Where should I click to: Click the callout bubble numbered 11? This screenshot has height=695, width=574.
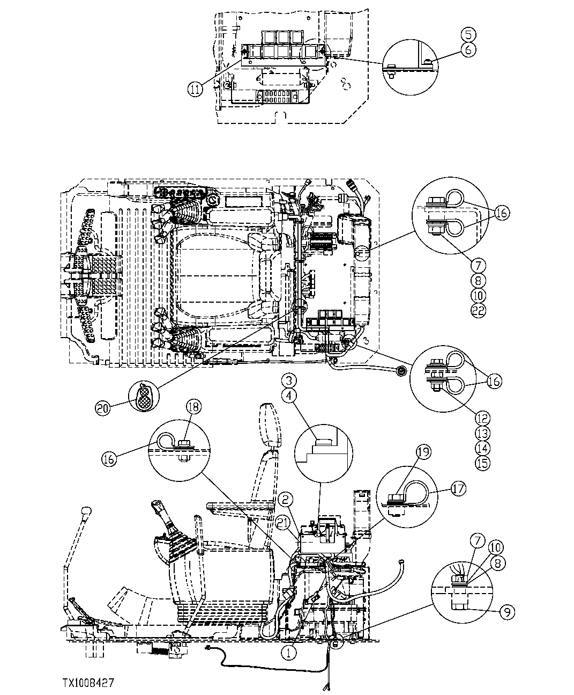click(x=196, y=89)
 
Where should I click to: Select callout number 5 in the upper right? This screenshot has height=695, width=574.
click(x=468, y=34)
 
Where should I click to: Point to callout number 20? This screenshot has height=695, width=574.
click(x=103, y=408)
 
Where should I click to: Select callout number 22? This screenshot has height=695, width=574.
click(x=479, y=310)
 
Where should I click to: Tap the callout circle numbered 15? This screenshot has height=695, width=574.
click(x=482, y=463)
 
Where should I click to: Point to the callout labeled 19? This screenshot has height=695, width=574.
click(x=423, y=452)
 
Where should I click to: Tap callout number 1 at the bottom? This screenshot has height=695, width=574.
click(x=288, y=653)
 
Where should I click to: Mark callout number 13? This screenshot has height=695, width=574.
click(x=482, y=433)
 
